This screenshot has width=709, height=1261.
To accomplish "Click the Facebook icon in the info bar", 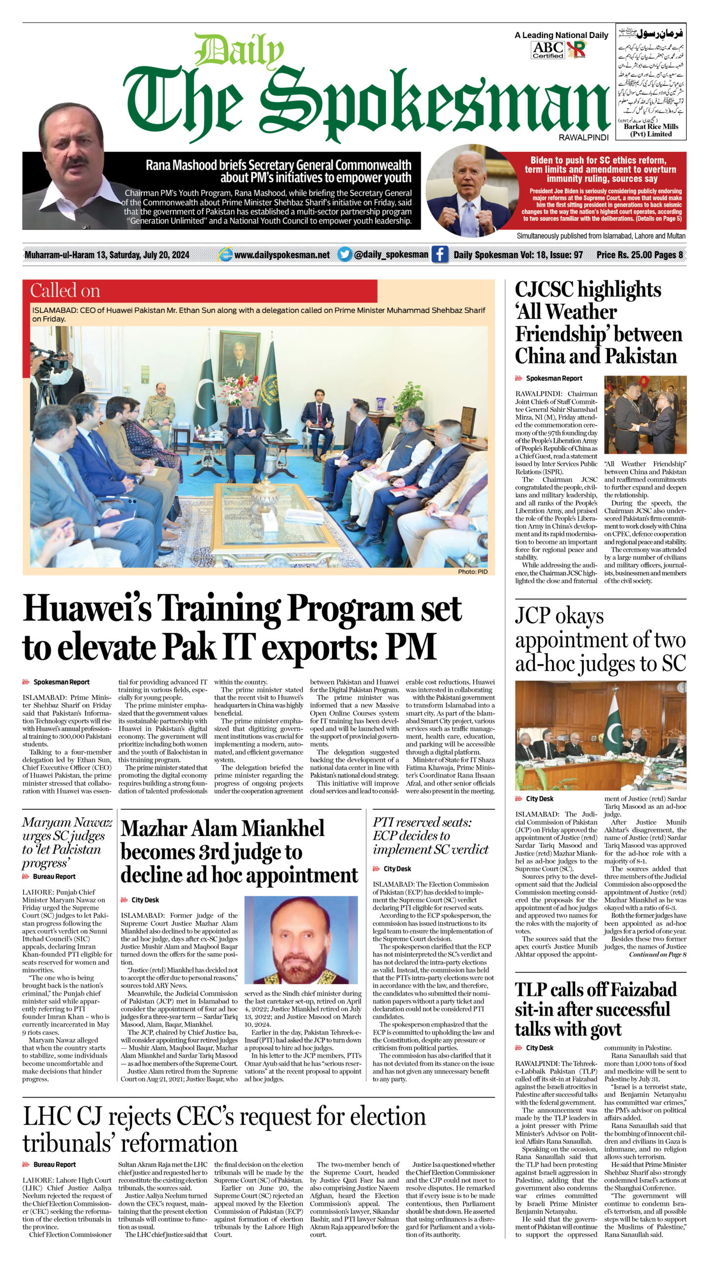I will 440,255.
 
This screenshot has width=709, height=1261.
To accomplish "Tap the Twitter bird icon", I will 345,254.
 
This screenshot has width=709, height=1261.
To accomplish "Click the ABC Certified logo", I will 548,50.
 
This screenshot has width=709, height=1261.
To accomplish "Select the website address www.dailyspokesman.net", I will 282,255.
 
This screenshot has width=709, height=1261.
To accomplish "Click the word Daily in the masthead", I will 239,51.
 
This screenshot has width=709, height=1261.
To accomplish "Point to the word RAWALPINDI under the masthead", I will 583,137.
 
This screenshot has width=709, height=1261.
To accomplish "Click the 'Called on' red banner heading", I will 65,291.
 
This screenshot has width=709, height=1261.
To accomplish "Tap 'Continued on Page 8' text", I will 657,955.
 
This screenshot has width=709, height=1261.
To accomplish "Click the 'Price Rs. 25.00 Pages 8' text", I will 639,255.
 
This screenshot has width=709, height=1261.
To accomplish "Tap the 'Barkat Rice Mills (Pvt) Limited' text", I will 650,130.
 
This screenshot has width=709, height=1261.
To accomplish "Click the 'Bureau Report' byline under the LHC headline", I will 54,1164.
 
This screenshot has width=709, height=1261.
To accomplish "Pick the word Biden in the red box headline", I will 544,160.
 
